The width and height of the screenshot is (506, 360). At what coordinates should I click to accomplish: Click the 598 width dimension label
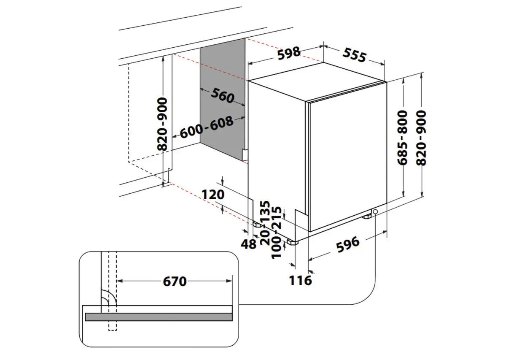[x=289, y=52]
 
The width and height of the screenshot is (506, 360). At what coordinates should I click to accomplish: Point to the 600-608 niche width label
[x=207, y=127]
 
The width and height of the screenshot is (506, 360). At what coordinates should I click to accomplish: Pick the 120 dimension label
[x=213, y=195]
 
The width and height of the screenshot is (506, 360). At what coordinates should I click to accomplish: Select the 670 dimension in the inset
[x=174, y=281]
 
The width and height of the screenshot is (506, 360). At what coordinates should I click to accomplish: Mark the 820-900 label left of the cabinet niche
[x=162, y=124]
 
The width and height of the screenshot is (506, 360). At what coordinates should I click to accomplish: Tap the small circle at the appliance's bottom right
[x=375, y=211]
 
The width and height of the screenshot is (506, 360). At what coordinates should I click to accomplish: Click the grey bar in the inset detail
[x=159, y=317]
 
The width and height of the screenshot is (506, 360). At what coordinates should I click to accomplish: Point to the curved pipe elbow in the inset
[x=110, y=298]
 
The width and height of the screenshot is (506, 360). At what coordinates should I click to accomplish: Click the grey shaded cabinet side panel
[x=222, y=122]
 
